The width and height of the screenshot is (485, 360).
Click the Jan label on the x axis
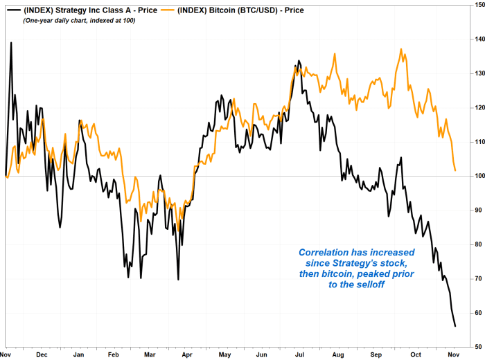pos(78,354)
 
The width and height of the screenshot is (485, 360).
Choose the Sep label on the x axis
pos(377,354)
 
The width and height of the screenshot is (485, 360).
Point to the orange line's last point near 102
pos(455,170)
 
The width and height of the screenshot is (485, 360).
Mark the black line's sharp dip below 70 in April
pos(178,279)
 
